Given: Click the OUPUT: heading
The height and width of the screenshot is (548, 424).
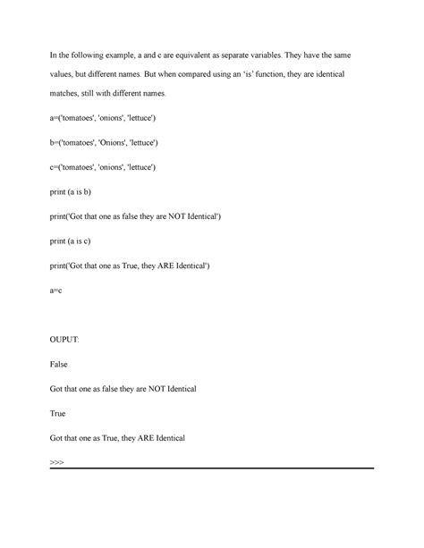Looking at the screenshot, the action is coord(64,341).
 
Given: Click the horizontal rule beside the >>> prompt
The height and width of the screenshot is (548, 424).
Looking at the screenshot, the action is coord(224,468).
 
